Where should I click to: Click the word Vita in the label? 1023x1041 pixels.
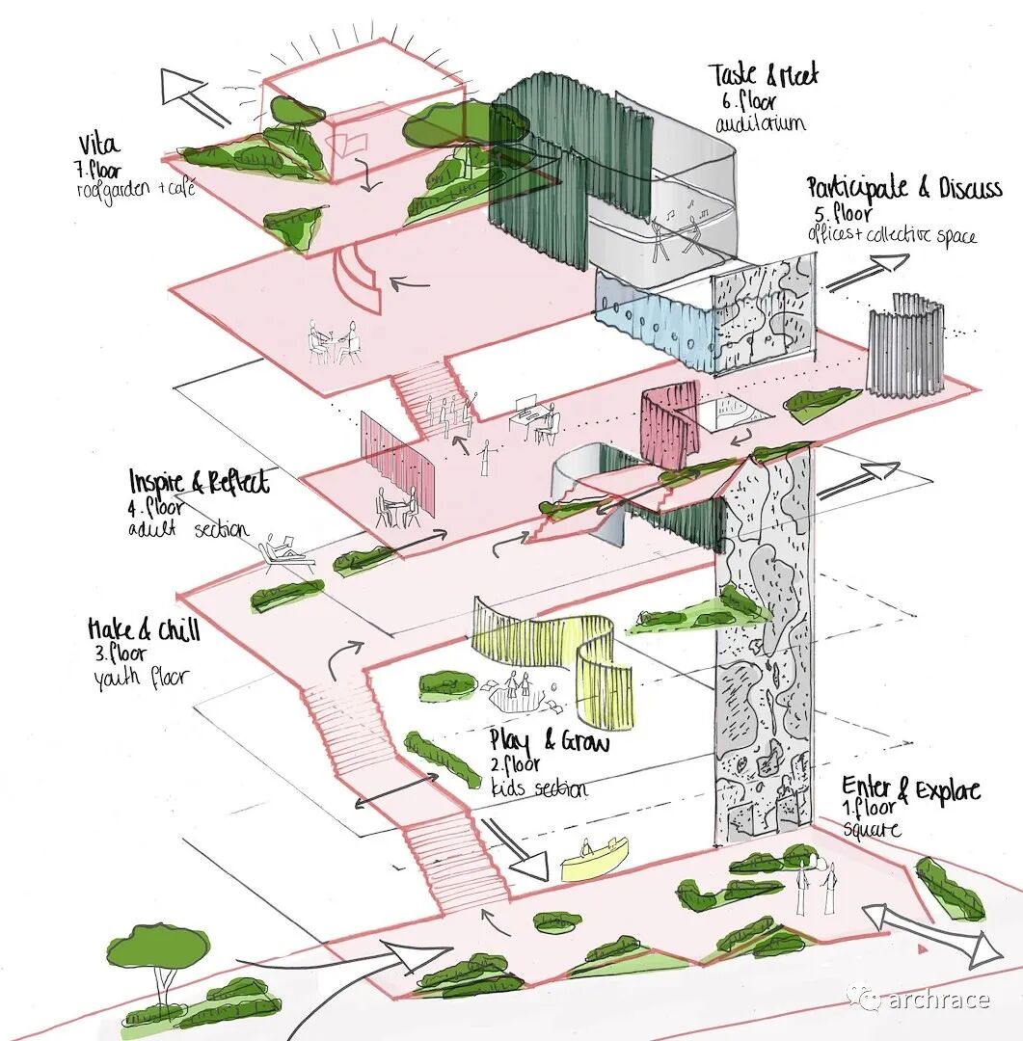click(100, 145)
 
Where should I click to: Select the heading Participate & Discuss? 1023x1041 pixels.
click(903, 187)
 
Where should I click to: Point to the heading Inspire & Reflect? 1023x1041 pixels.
click(199, 482)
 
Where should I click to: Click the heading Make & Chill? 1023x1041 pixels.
click(144, 630)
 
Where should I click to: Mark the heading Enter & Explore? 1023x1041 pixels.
click(910, 789)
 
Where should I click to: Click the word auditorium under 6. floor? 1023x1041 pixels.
click(760, 124)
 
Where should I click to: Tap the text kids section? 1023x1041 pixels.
click(538, 788)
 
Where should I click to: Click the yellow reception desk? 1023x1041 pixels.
click(593, 859)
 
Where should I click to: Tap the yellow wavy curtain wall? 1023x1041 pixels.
click(559, 655)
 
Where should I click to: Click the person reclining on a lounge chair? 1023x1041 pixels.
click(286, 554)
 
